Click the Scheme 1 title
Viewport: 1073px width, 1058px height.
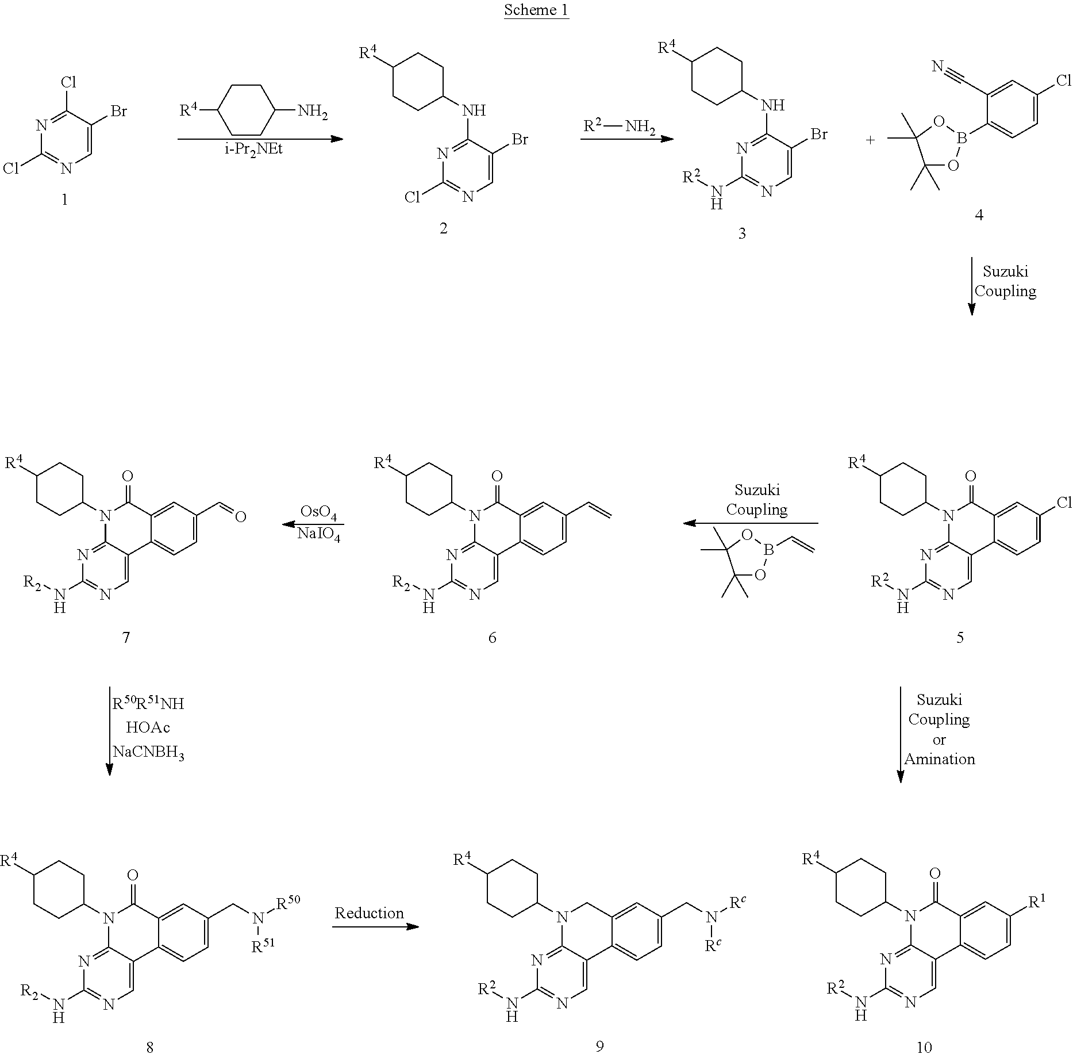click(x=536, y=10)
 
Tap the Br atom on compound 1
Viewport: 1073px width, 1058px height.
click(x=118, y=111)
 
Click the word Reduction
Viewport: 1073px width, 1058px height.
click(x=369, y=913)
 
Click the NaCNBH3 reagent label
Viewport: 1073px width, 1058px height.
click(x=148, y=753)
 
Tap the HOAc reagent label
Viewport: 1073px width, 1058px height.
click(x=148, y=727)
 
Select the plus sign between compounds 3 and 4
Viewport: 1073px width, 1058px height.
click(x=870, y=140)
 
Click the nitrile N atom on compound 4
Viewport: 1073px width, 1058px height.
click(x=937, y=67)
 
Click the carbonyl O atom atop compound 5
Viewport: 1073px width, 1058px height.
click(x=970, y=476)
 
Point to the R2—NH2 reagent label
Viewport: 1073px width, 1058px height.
click(x=619, y=126)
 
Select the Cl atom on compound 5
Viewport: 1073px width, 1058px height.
click(x=1063, y=503)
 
